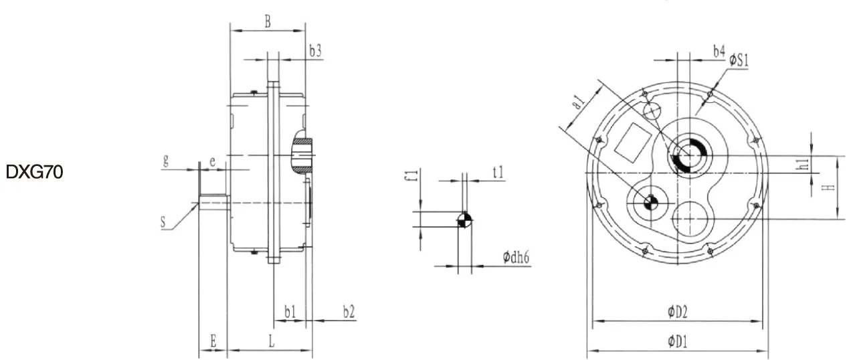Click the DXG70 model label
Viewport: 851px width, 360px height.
pyautogui.click(x=34, y=173)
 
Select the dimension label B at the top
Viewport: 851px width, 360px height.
pyautogui.click(x=267, y=21)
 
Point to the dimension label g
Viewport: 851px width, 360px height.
pyautogui.click(x=165, y=161)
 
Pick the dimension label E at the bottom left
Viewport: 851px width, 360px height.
pyautogui.click(x=213, y=341)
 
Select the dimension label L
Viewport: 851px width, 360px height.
pyautogui.click(x=271, y=341)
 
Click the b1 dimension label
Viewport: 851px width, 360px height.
pyautogui.click(x=290, y=312)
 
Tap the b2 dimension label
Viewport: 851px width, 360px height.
pyautogui.click(x=348, y=312)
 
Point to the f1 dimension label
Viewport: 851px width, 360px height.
pyautogui.click(x=413, y=175)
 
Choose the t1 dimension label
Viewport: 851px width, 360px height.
pyautogui.click(x=498, y=173)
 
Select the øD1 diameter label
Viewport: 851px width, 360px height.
pyautogui.click(x=678, y=341)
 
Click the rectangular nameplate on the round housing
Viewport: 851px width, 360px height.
pyautogui.click(x=632, y=141)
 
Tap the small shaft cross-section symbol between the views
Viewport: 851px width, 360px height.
pyautogui.click(x=464, y=220)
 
